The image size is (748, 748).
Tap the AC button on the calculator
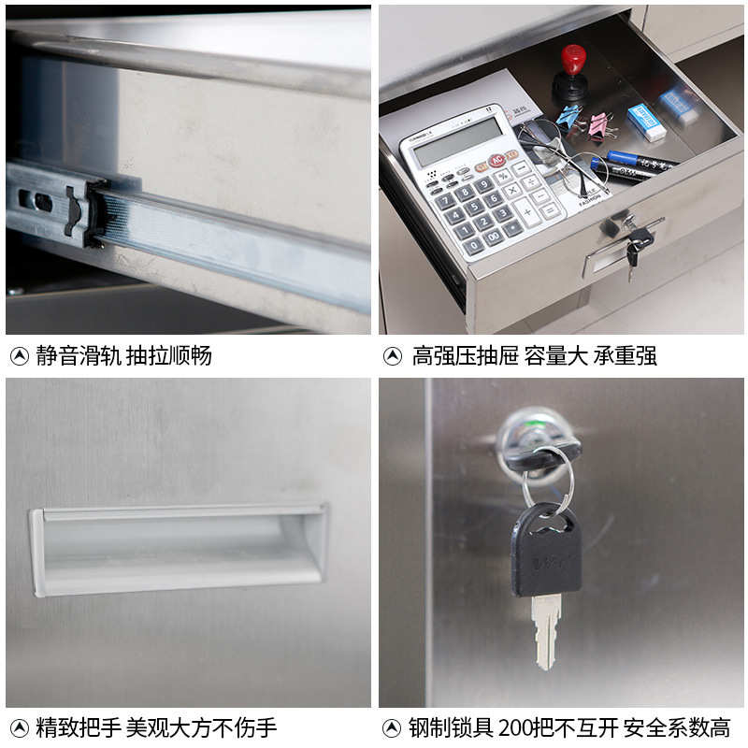pos(496,161)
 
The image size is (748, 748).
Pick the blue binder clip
pos(568,116)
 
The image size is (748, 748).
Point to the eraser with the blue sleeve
pos(646,122)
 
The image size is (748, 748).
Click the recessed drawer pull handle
pos(178,549)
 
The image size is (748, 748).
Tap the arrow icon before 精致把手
pos(19,727)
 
